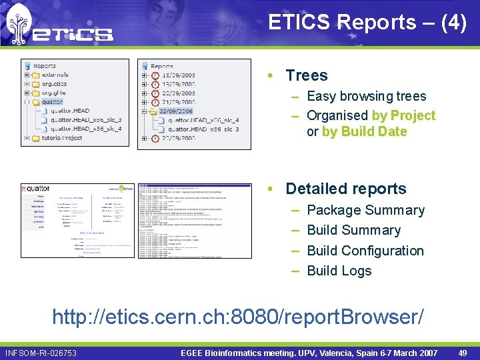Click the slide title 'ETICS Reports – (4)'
point(367,22)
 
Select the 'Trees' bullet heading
point(306,75)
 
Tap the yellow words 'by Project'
point(403,115)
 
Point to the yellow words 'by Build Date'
point(364,131)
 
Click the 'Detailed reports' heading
point(345,189)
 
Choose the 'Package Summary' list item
point(365,210)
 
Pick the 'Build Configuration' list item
point(365,251)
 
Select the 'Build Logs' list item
point(339,271)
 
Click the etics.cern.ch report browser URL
point(237,317)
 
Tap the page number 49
point(462,353)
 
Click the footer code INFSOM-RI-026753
point(41,353)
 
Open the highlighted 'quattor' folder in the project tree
point(52,102)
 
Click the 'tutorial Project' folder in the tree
point(61,138)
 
